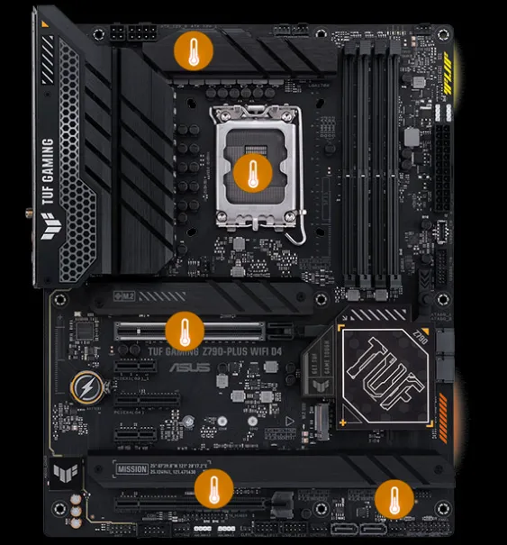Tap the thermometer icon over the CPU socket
coord(253,171)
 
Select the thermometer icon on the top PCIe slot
coord(185,331)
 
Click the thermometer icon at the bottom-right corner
coord(393,499)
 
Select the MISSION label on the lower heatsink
coord(131,468)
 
